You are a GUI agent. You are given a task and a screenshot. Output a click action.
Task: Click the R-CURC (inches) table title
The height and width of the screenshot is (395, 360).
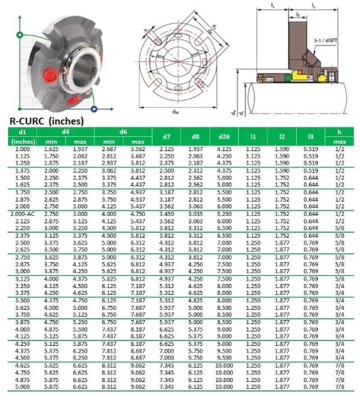click(x=46, y=121)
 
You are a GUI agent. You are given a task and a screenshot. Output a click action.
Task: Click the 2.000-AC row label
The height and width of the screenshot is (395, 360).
click(x=24, y=213)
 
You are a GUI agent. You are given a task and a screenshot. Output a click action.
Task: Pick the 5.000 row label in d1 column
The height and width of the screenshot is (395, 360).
click(x=24, y=387)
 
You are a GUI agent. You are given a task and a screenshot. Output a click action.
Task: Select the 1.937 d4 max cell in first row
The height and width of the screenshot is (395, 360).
click(x=80, y=148)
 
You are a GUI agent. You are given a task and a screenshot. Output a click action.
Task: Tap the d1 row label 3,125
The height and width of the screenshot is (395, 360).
click(x=24, y=278)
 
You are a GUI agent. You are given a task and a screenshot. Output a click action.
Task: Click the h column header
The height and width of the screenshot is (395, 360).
click(x=338, y=131)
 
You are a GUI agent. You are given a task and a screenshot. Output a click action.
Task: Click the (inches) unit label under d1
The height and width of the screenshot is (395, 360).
click(x=24, y=141)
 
